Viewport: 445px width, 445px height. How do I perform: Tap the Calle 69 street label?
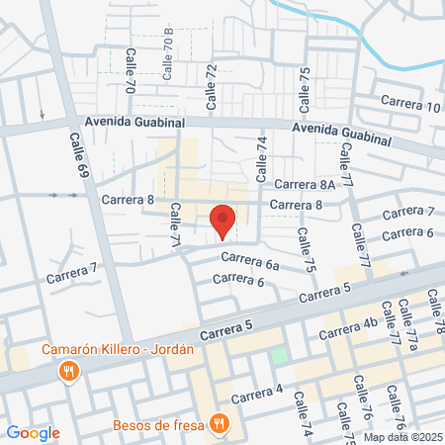click(77, 157)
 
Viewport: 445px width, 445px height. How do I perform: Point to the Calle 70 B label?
click(168, 55)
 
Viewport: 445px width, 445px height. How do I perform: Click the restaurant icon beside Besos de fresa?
click(220, 424)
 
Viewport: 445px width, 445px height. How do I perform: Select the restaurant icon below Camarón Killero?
click(68, 372)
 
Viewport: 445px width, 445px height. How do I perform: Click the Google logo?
click(33, 432)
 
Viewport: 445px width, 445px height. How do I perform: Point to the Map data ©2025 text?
click(402, 437)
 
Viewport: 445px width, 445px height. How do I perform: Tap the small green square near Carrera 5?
click(280, 354)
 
